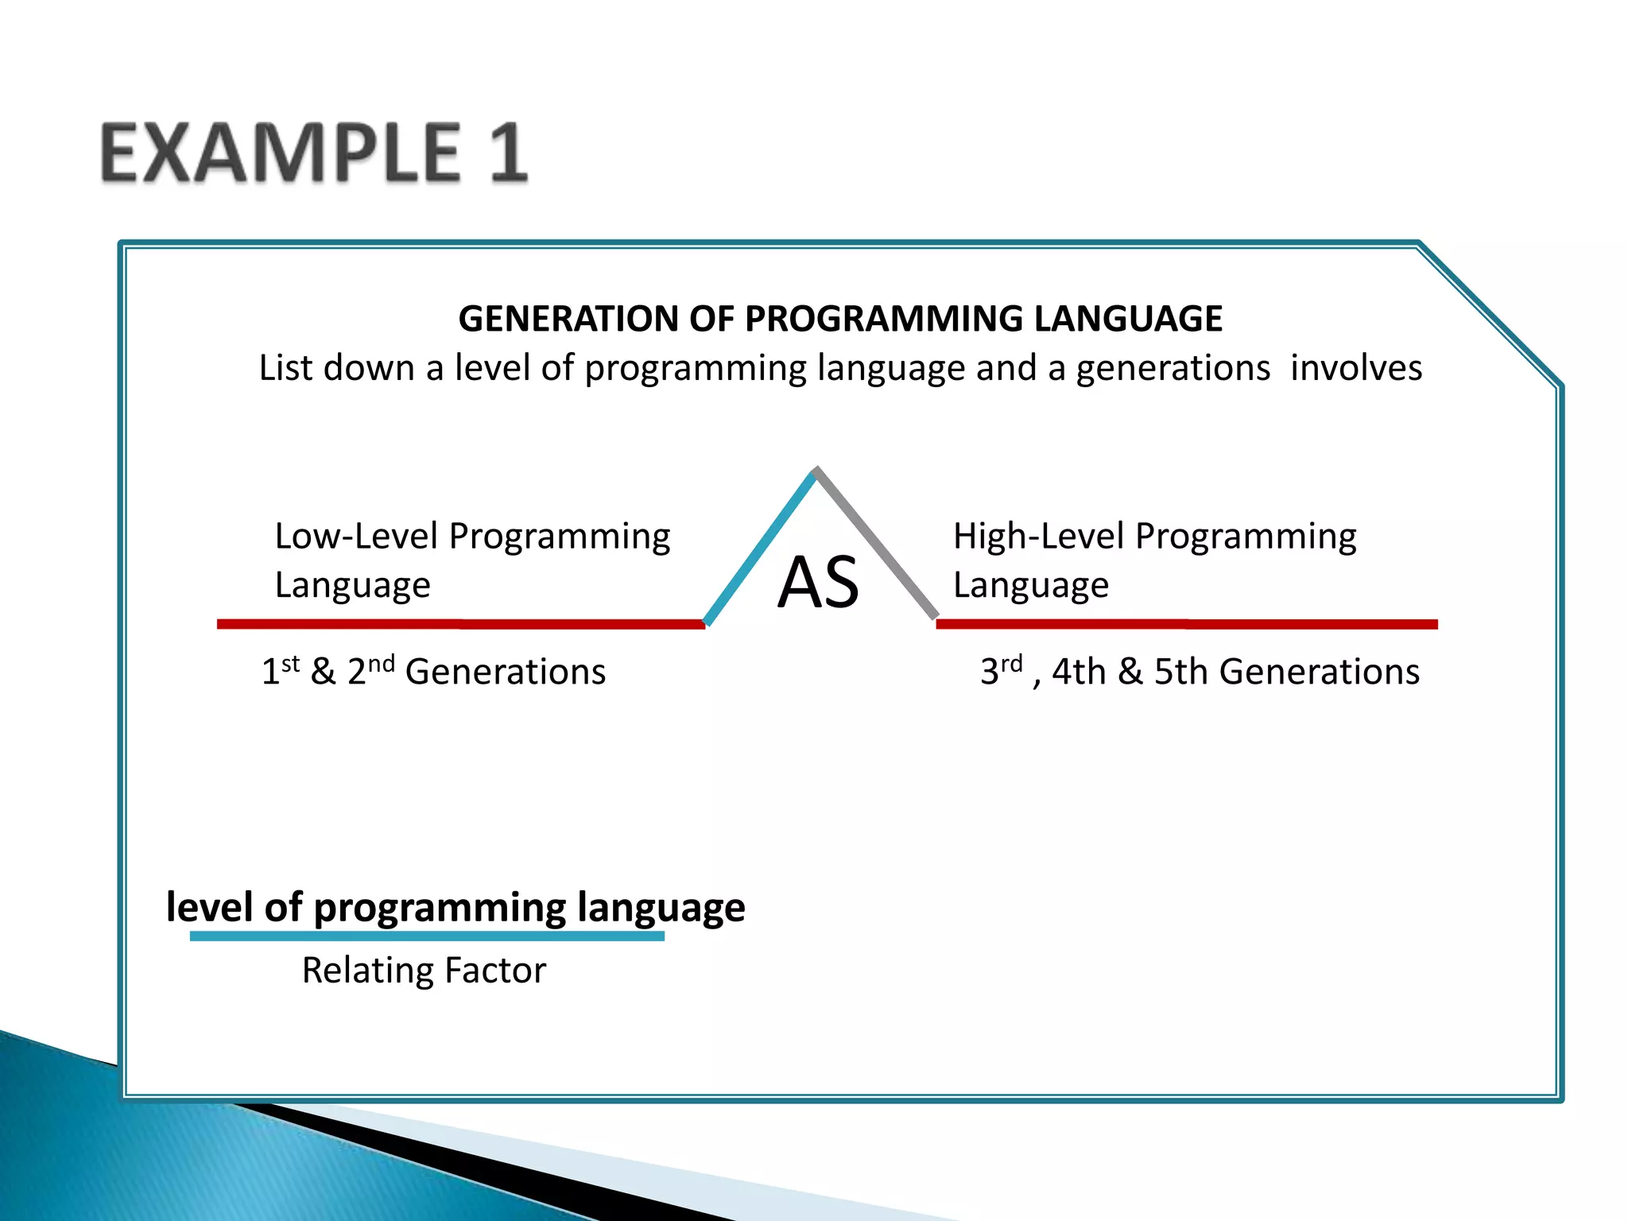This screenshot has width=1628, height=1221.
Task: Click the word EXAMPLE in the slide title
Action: (x=280, y=153)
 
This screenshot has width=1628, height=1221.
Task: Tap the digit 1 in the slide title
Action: (x=507, y=153)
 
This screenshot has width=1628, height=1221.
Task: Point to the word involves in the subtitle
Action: (x=1355, y=368)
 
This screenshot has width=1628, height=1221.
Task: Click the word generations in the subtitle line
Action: (x=1173, y=368)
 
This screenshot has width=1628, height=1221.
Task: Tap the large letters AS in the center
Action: (x=818, y=583)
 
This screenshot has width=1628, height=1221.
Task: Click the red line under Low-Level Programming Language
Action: (x=461, y=624)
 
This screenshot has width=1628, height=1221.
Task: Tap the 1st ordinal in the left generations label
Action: (x=280, y=671)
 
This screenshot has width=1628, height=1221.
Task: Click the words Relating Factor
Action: (x=424, y=971)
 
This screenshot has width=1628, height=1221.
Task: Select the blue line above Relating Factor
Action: (x=427, y=936)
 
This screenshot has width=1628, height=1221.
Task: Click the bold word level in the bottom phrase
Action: (x=210, y=906)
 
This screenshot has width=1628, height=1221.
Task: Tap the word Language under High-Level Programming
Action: (x=1030, y=586)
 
